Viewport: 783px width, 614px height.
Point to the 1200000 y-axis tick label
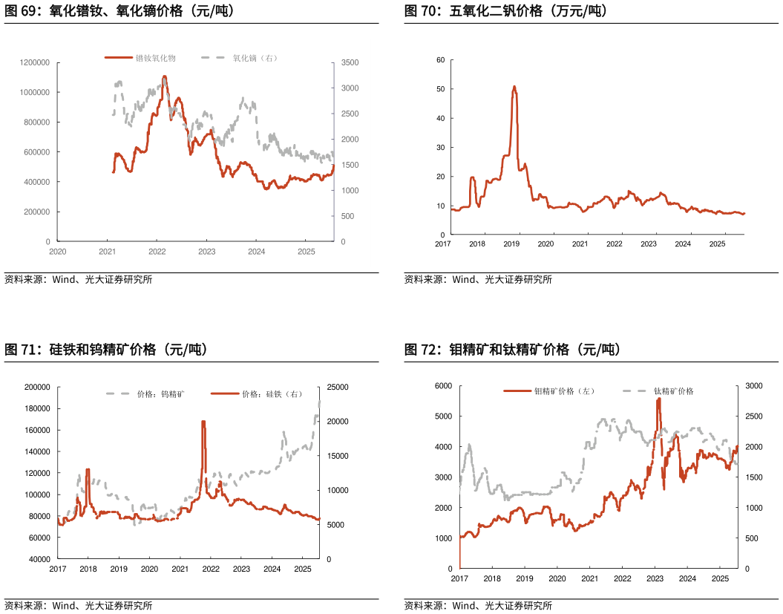[35, 62]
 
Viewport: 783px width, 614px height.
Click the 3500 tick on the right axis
[350, 62]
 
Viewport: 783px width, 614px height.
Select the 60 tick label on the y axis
[440, 59]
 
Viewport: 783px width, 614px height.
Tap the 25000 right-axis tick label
[337, 388]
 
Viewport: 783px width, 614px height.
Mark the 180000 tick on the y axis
[36, 408]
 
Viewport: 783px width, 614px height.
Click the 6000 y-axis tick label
[442, 386]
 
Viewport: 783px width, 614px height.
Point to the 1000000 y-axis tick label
[35, 92]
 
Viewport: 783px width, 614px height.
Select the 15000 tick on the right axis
[337, 456]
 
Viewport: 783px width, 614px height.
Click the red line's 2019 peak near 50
[514, 87]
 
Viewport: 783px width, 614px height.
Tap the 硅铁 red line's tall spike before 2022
[203, 422]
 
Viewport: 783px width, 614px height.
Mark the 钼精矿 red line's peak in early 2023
[658, 399]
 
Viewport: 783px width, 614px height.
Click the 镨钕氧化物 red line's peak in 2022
[164, 76]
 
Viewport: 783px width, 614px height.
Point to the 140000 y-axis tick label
[36, 451]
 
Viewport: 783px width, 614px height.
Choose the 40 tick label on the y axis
[440, 118]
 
